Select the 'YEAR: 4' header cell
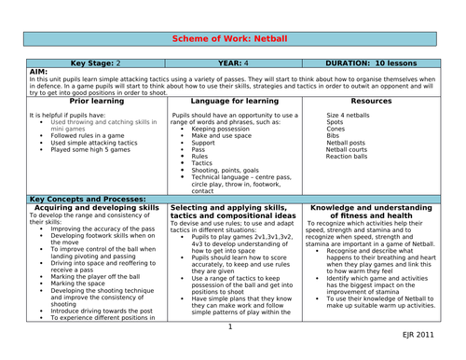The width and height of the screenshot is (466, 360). coord(234,64)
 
